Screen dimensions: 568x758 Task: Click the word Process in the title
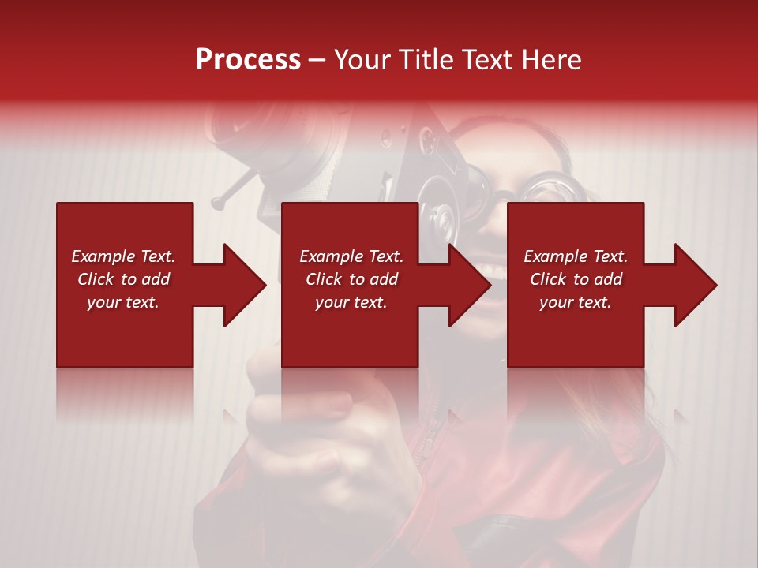248,60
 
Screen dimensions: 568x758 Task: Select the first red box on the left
125,331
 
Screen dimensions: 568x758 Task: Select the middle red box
350,331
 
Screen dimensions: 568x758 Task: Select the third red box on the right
575,331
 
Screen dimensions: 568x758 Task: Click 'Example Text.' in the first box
123,256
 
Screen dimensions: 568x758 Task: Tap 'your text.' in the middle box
351,302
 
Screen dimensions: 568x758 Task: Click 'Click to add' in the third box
576,279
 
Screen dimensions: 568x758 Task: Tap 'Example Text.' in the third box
576,256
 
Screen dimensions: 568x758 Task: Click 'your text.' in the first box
123,302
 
